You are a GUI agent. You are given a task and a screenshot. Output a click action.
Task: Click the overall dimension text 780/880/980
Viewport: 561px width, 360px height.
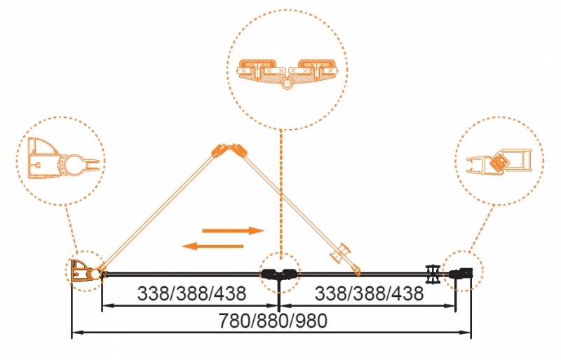pos(273,321)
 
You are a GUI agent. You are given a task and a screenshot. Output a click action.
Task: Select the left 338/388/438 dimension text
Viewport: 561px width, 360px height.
pos(191,294)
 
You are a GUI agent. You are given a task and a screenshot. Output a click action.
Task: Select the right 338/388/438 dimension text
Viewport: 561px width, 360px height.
pos(370,294)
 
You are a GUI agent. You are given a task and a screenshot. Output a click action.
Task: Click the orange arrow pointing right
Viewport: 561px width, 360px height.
pos(234,231)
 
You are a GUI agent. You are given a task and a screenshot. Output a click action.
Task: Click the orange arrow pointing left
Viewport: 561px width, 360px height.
pos(212,246)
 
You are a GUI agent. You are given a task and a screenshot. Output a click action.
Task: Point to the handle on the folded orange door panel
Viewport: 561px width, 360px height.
pos(341,253)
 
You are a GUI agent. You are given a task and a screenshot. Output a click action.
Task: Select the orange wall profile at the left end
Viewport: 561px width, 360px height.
pos(80,271)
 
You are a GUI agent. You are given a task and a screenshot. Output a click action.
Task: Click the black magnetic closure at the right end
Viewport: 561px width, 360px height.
pos(461,274)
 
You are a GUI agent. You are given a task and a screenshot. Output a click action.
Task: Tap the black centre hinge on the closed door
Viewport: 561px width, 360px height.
pos(279,274)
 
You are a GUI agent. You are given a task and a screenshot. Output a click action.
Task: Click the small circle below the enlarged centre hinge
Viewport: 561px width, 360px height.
pos(287,84)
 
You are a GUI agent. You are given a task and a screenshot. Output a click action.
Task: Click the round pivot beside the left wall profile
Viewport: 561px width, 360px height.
pos(95,274)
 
